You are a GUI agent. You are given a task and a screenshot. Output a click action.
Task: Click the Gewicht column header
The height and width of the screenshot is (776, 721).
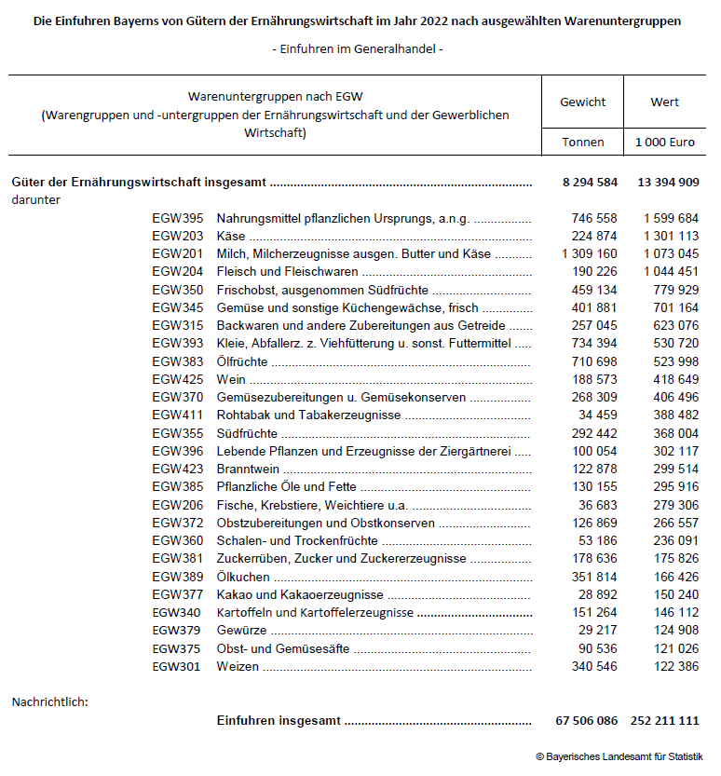[x=583, y=102]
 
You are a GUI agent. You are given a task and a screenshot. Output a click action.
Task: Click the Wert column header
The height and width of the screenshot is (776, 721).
[x=665, y=102]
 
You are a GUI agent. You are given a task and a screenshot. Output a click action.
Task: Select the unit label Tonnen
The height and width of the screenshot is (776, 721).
[x=583, y=143]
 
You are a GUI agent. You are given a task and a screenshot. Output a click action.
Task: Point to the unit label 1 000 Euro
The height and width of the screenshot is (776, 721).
[x=665, y=143]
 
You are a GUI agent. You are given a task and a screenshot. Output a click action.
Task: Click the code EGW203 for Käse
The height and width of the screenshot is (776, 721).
[x=178, y=237]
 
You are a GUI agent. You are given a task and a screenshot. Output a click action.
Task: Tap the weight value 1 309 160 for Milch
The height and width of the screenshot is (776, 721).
[x=590, y=254]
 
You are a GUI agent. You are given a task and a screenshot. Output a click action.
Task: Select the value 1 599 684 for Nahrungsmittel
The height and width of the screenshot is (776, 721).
[x=671, y=219]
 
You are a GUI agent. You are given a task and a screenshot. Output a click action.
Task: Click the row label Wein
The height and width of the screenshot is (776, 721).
[x=231, y=380]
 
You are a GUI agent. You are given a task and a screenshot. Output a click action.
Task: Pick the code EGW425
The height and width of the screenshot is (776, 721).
[x=178, y=380]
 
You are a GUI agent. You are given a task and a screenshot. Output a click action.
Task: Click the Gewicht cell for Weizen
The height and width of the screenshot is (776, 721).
[x=594, y=667]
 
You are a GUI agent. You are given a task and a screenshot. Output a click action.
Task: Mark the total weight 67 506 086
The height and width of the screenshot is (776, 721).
[x=584, y=721]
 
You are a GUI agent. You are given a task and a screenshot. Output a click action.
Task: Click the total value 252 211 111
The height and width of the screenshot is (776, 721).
[x=665, y=721]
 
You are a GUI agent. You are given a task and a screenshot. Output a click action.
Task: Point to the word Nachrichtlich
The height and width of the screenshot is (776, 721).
[x=49, y=701]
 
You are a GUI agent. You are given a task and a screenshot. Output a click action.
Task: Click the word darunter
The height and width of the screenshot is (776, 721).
[x=36, y=199]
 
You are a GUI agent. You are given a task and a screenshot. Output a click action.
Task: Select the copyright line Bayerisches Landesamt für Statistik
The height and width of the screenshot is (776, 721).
[x=619, y=756]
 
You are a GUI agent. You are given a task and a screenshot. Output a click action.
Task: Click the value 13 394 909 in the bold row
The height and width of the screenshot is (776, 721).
[x=668, y=182]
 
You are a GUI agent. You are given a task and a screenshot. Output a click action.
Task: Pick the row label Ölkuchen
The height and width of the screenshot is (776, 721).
[x=243, y=578]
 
